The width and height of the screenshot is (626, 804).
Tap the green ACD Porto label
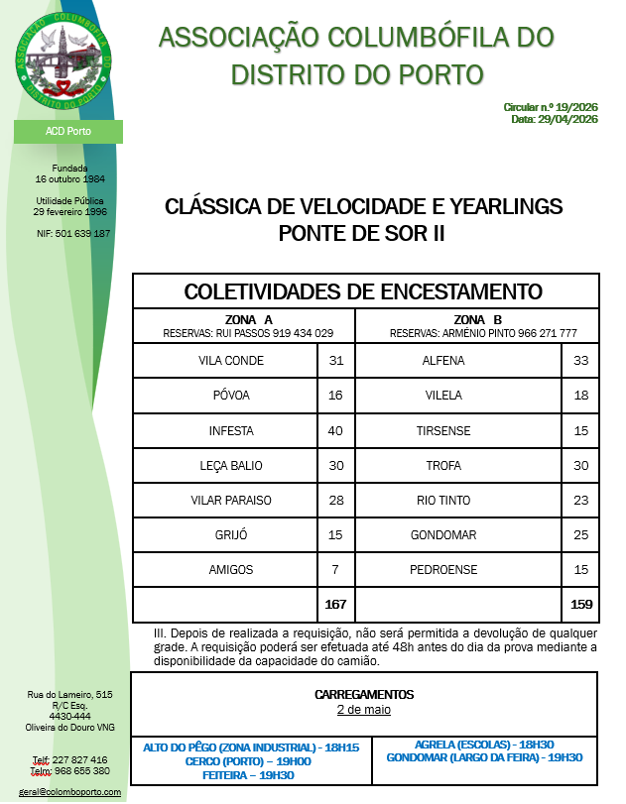click(67, 132)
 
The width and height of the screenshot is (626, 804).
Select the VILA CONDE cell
click(231, 361)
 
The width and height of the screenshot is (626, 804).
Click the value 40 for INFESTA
click(335, 431)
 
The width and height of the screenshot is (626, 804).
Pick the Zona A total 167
click(335, 603)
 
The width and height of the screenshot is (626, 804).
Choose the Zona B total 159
click(581, 603)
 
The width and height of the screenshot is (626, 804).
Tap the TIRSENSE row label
click(443, 431)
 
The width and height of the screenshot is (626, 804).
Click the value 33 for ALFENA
click(581, 361)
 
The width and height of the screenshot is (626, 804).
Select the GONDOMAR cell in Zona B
click(443, 535)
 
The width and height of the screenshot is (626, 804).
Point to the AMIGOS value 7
click(335, 569)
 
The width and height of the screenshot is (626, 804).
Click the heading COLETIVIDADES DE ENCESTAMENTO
click(364, 291)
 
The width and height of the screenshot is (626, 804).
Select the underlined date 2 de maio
click(363, 710)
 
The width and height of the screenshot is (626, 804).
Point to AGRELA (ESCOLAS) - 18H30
click(483, 745)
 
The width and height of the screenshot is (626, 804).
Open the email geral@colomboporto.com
click(70, 792)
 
